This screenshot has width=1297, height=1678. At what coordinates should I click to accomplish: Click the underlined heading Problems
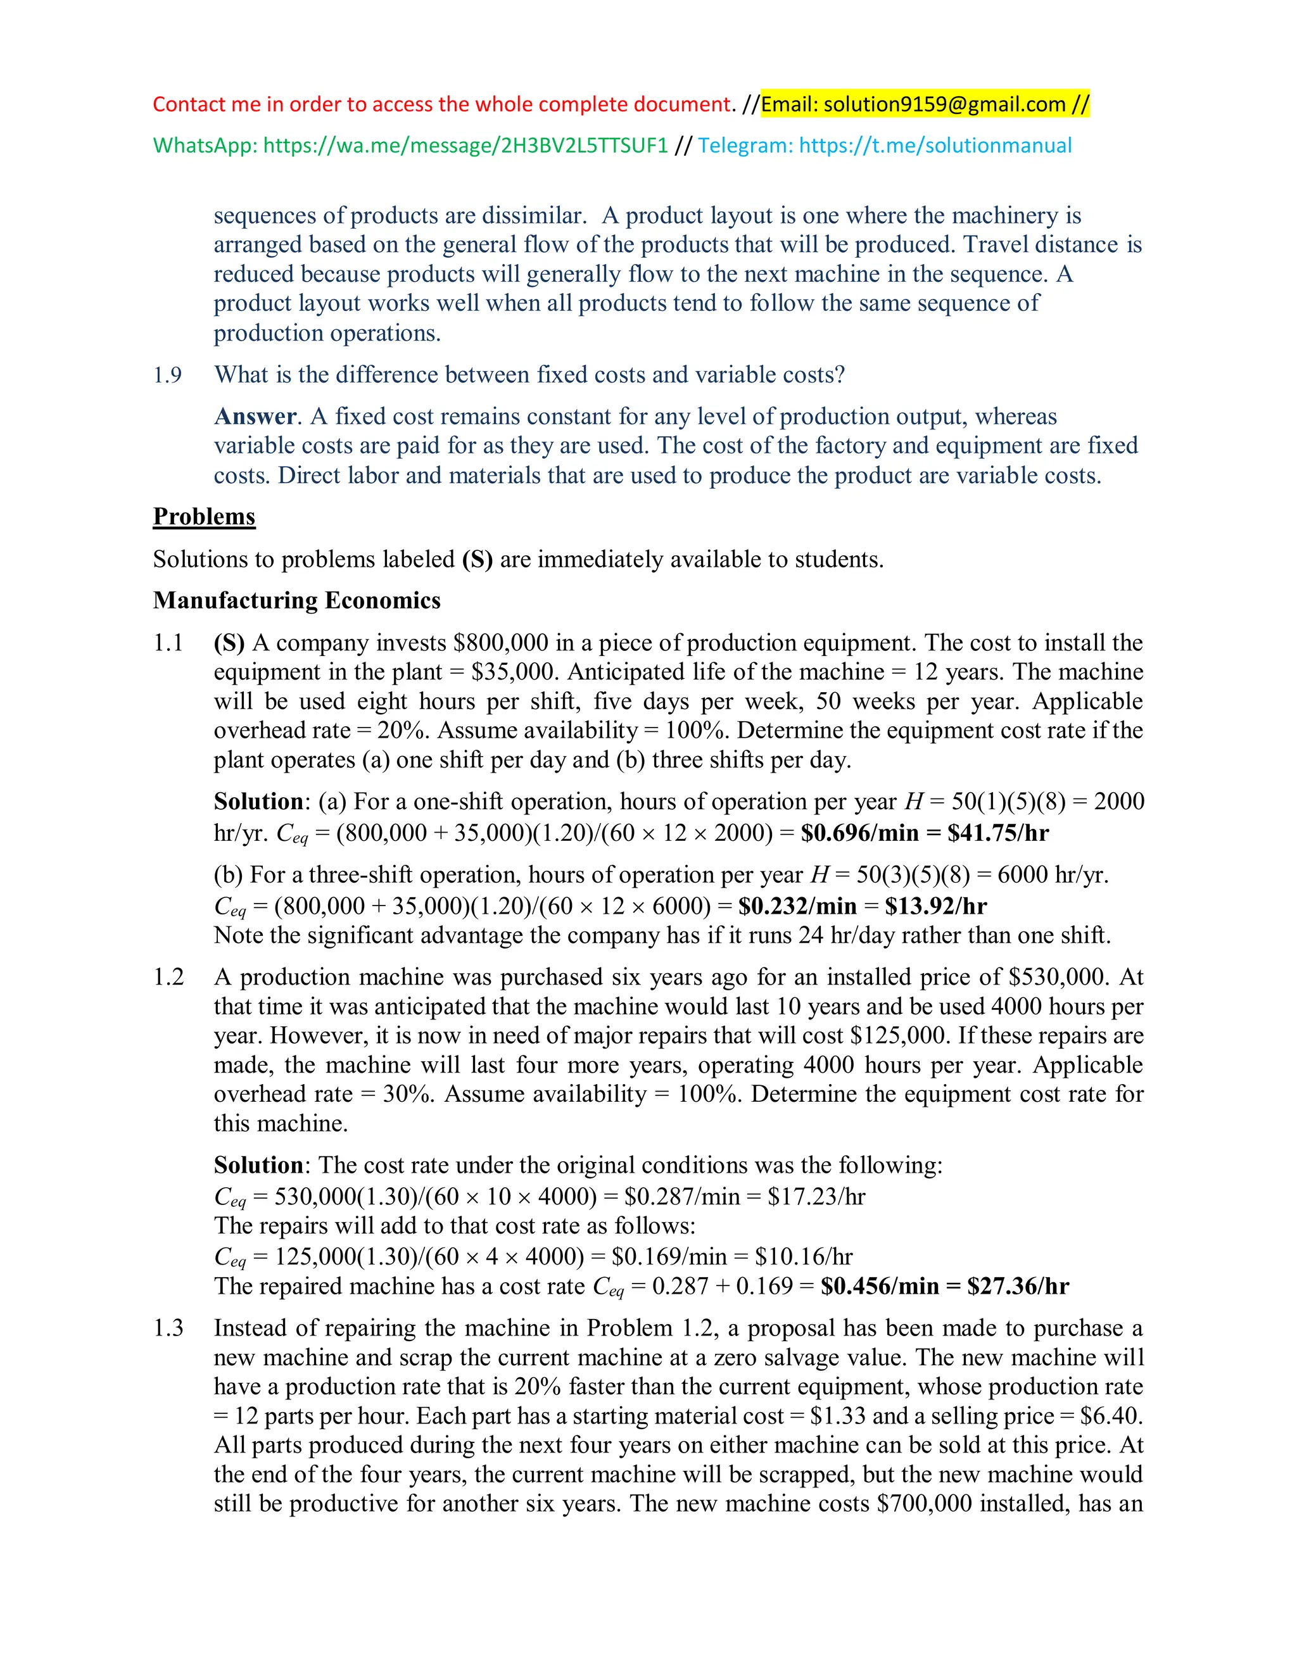[204, 516]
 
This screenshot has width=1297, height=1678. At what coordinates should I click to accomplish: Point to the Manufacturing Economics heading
[296, 600]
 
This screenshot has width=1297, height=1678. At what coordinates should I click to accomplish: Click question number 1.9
[167, 375]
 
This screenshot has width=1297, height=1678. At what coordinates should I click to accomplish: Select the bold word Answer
[255, 417]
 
